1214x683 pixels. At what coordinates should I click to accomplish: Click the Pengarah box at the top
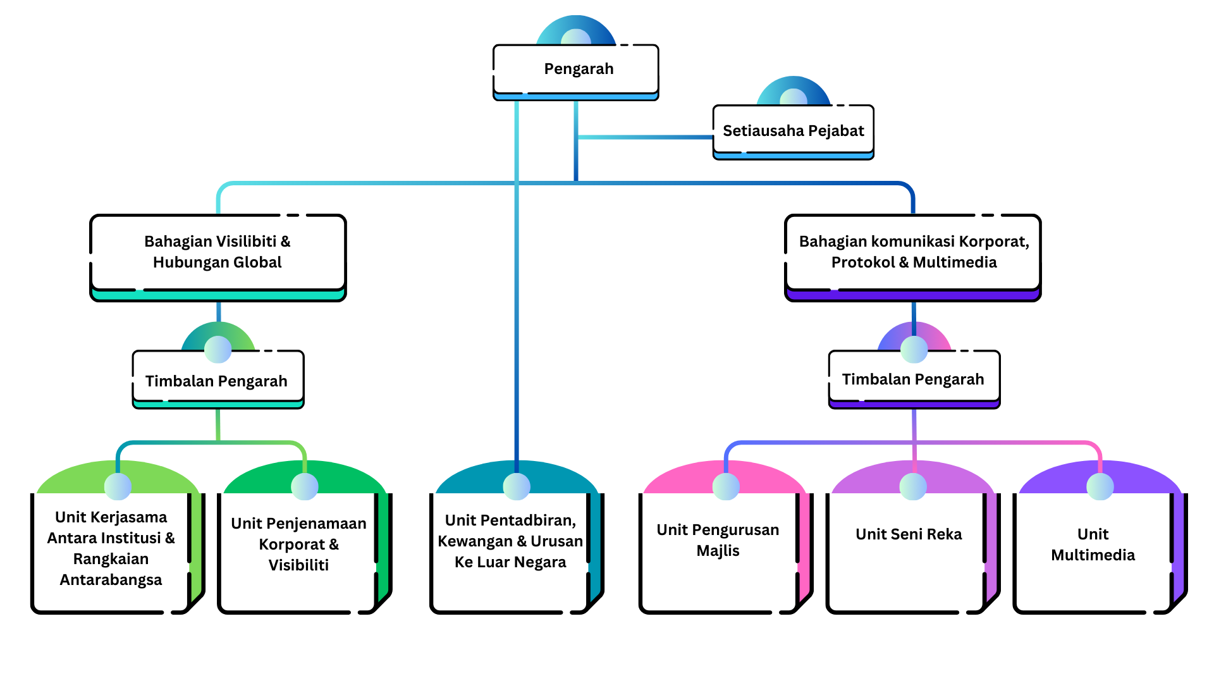(576, 69)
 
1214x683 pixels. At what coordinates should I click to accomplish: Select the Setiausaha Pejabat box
(793, 130)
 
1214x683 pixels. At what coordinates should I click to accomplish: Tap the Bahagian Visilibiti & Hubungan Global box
(218, 252)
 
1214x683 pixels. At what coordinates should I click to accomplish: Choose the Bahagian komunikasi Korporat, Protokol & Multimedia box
(912, 252)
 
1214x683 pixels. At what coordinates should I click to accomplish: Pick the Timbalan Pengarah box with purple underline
(914, 379)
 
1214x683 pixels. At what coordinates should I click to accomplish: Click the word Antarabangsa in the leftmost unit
(111, 580)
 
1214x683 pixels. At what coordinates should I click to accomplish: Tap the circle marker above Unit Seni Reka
(913, 486)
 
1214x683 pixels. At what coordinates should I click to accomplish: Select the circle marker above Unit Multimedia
(1100, 486)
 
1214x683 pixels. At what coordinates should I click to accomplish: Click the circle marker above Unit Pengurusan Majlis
(726, 486)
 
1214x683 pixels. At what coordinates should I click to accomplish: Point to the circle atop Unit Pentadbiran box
(517, 486)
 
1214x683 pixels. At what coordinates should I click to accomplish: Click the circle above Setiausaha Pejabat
(794, 98)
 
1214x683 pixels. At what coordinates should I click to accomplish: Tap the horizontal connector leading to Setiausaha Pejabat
(645, 137)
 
